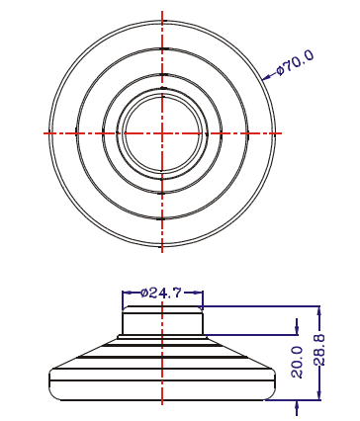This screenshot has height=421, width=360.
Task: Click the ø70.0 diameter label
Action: click(x=295, y=62)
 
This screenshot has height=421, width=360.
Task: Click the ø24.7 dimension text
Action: click(x=161, y=293)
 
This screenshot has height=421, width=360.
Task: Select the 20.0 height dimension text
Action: click(x=298, y=362)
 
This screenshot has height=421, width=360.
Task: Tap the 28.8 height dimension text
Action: click(x=319, y=350)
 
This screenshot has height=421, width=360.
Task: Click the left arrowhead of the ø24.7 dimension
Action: click(x=127, y=293)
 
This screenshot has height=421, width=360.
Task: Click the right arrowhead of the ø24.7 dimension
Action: click(x=199, y=293)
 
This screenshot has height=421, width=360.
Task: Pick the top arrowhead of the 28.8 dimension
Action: click(x=318, y=311)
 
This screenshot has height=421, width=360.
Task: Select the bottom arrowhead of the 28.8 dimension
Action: click(x=318, y=395)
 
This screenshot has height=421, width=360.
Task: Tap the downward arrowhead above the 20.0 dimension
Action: click(x=297, y=330)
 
